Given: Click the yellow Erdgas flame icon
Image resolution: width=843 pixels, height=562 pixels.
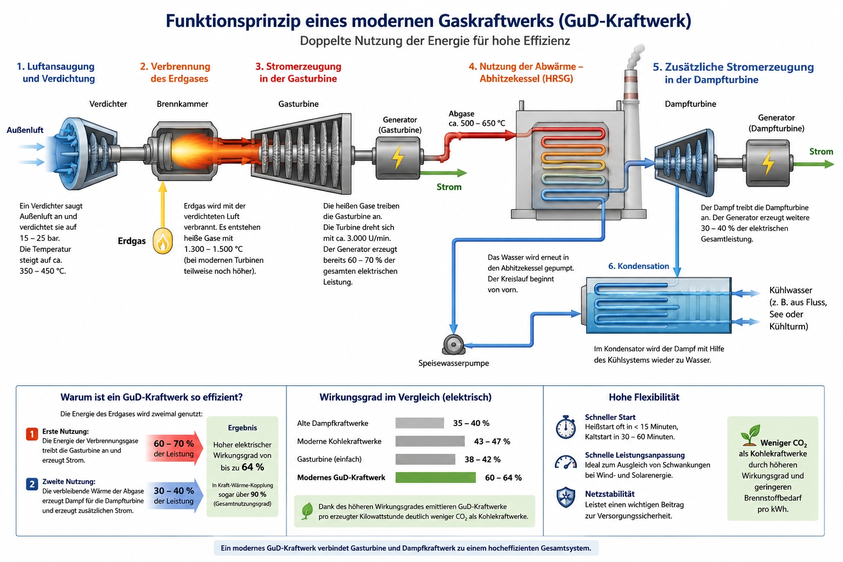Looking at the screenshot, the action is pos(162,241).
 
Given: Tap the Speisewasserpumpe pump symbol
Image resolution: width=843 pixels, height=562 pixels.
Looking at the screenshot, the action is pos(453,345).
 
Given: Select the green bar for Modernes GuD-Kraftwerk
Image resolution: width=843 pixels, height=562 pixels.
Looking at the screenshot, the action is pos(435,477).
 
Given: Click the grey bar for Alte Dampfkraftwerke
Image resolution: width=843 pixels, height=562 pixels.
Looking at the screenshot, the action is pos(420,423).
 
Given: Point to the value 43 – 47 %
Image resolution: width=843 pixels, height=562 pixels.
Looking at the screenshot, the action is pos(492,441).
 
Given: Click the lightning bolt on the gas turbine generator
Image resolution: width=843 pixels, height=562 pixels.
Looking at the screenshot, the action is pos(398,158).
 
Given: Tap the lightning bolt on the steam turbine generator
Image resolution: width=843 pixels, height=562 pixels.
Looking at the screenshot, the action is pos(768,163).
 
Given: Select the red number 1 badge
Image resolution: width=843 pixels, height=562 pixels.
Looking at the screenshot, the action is pos(32,434).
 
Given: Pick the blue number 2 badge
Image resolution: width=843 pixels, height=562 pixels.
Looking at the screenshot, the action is pos(32,484).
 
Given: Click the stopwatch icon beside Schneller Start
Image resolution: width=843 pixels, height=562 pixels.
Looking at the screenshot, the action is pos(566,427).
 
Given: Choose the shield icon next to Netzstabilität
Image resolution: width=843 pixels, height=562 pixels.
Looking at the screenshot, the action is pos(566,497).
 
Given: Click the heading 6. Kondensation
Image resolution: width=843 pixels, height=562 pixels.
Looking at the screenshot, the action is pos(639,266).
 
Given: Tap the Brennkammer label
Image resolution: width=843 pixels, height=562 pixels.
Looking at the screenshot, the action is pos(183,104).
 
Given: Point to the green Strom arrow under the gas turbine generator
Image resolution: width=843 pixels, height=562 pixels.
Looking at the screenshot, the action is pos(443,173).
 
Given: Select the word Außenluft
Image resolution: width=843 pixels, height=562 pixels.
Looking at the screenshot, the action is pos(25,130).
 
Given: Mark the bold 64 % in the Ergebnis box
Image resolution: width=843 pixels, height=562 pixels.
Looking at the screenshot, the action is pos(252,467).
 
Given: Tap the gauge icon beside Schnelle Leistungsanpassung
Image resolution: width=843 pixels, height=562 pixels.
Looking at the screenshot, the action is pos(566,462).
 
